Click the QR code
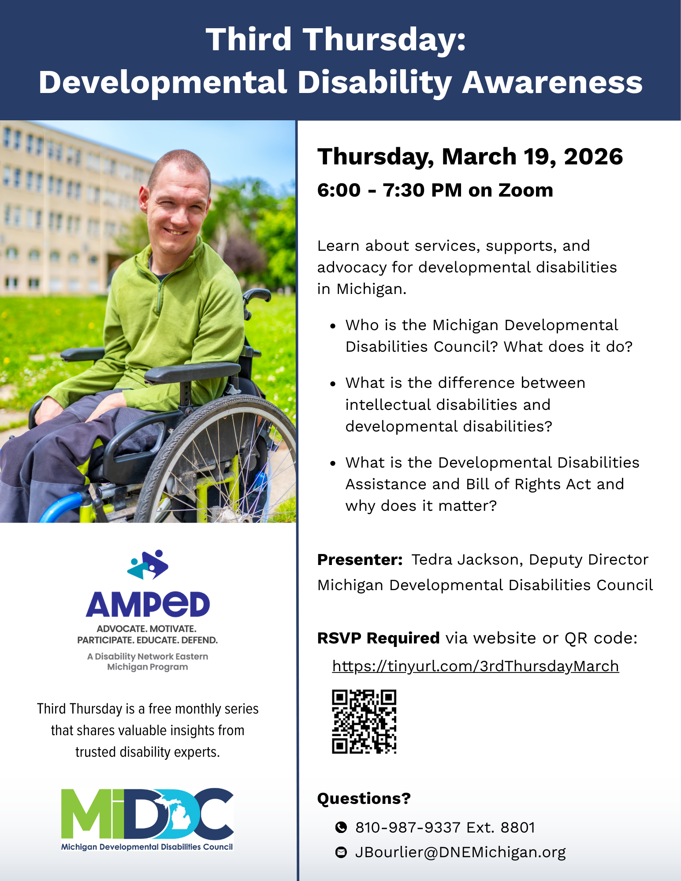click(364, 721)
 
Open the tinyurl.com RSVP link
click(476, 666)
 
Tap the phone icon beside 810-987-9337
click(341, 827)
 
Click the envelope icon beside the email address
click(341, 852)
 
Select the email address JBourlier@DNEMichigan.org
click(461, 852)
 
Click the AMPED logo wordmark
click(148, 604)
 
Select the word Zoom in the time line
click(525, 190)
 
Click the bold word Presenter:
click(360, 559)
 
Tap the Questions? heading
click(364, 798)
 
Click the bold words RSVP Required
click(379, 638)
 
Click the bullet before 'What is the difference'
click(333, 383)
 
